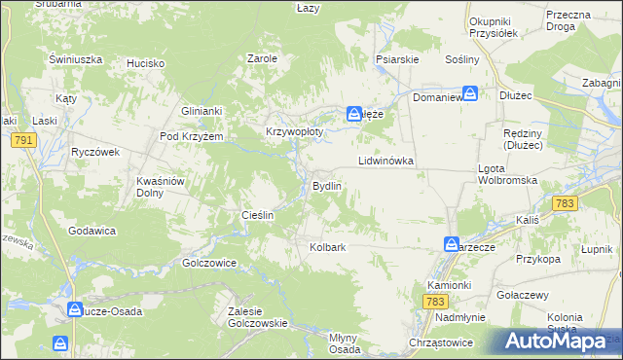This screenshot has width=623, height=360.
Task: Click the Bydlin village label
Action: [x=326, y=186]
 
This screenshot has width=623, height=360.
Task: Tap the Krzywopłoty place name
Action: [x=293, y=131]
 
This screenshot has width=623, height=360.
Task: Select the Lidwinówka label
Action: [x=386, y=160]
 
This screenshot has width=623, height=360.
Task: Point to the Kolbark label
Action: [x=328, y=247]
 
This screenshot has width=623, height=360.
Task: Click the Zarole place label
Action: [x=263, y=58]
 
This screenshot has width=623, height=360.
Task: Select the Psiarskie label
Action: [x=397, y=58]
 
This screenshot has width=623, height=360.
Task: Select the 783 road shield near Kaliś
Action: [x=563, y=202]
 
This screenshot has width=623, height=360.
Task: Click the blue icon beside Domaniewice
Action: [x=470, y=93]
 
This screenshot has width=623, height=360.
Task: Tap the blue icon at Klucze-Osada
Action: [x=75, y=310]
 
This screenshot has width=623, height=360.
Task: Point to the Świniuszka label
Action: [x=76, y=58]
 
